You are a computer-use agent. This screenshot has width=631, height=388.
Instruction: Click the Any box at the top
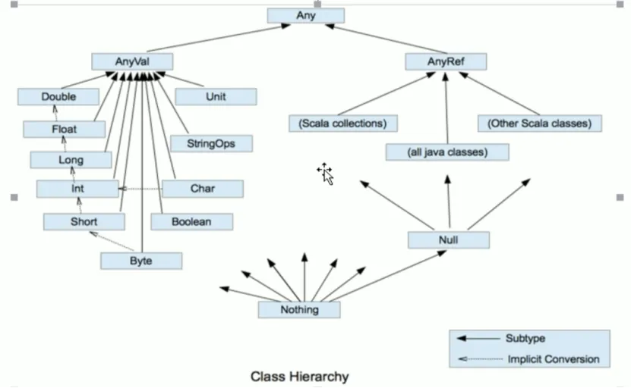point(306,15)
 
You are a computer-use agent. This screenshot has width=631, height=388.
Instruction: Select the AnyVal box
point(132,61)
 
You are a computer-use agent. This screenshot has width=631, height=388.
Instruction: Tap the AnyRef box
point(446,61)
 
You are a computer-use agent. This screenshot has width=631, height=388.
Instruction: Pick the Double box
point(58,96)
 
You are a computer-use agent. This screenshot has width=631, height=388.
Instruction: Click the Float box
point(64,129)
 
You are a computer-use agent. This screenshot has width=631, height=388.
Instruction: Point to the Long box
point(71,160)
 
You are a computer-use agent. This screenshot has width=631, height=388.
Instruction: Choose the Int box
point(77,189)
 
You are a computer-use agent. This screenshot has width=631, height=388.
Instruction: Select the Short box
point(84,221)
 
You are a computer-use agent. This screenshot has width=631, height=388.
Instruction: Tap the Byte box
point(141,261)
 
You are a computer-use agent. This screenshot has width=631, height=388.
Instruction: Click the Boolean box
point(191,221)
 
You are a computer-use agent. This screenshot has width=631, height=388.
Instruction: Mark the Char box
point(203,189)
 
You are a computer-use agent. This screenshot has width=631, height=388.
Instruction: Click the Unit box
point(216,96)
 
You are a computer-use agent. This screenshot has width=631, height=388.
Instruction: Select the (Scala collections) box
point(343,123)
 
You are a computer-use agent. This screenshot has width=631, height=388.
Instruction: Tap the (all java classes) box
point(446,152)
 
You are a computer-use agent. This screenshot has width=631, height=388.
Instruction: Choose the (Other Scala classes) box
point(539,123)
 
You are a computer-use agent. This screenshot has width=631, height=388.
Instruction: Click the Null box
point(448,240)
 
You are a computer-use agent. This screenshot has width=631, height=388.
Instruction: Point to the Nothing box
point(299,309)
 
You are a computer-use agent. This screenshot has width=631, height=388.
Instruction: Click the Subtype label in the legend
point(525,338)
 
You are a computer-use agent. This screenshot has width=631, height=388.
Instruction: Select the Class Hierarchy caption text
point(300,376)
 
